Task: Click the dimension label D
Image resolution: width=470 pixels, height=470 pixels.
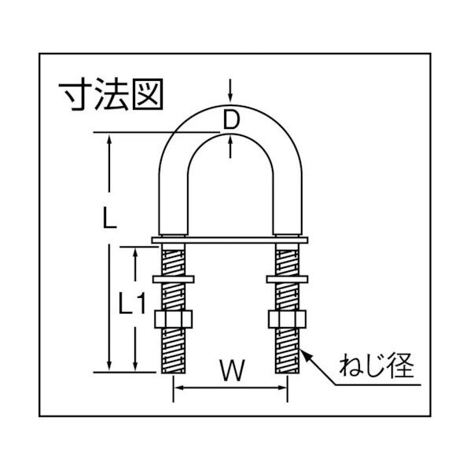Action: (x=230, y=119)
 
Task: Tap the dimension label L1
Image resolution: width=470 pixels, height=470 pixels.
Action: (x=127, y=303)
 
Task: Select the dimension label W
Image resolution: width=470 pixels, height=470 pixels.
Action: (x=229, y=367)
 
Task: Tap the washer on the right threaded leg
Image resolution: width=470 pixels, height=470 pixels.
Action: (x=286, y=278)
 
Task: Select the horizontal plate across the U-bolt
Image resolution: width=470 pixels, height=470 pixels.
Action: (x=229, y=239)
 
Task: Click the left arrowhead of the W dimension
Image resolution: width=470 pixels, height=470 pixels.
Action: (x=177, y=387)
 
